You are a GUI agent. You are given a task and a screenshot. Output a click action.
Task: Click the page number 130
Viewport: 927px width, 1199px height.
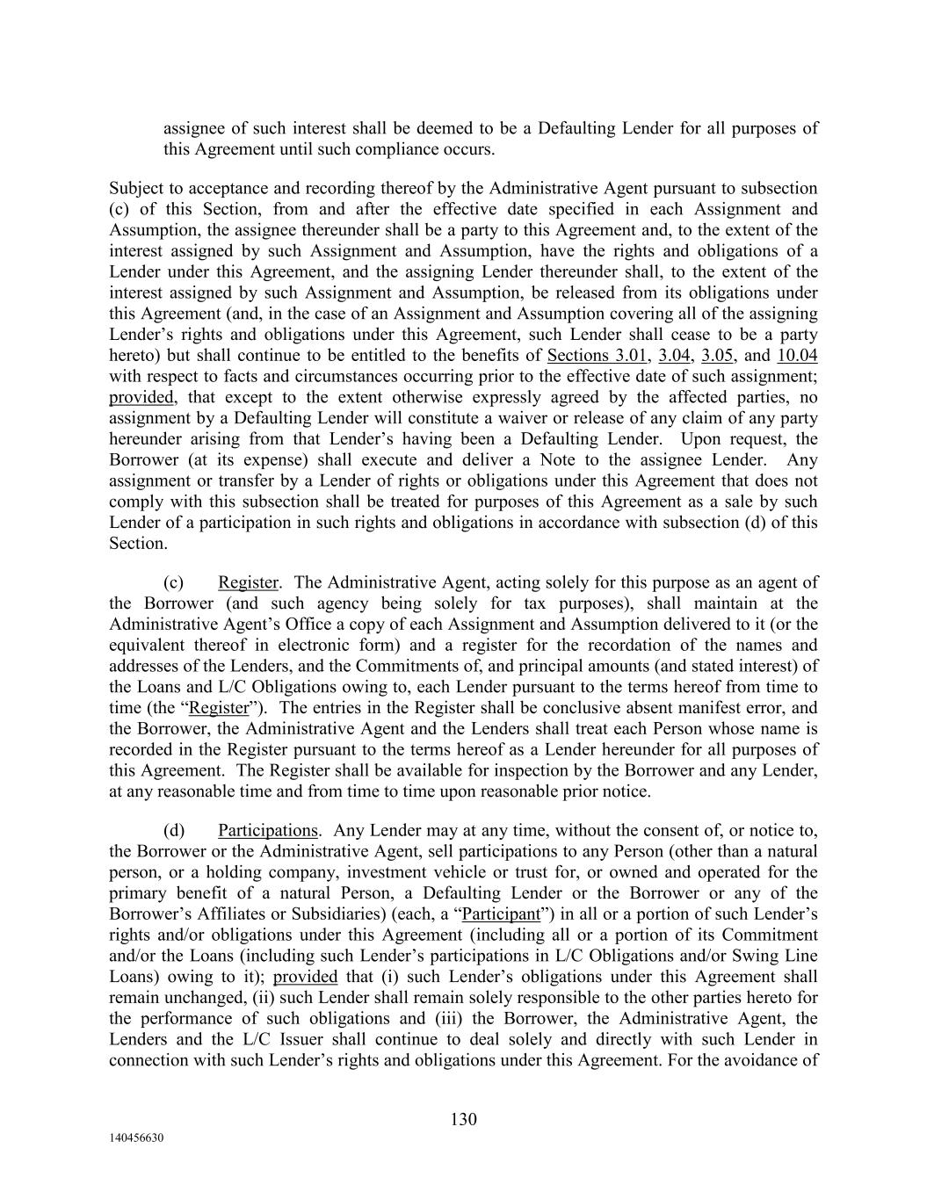(463, 1119)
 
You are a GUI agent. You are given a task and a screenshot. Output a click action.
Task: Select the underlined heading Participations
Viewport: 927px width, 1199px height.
(267, 830)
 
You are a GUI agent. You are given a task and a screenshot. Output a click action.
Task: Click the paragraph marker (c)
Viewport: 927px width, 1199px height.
(173, 582)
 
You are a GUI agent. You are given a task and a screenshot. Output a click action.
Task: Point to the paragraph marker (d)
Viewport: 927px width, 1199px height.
(174, 830)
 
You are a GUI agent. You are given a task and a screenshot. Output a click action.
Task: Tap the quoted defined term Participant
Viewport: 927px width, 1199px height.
(501, 914)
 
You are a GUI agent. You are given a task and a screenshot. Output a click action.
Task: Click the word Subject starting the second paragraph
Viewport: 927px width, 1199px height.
(139, 188)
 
